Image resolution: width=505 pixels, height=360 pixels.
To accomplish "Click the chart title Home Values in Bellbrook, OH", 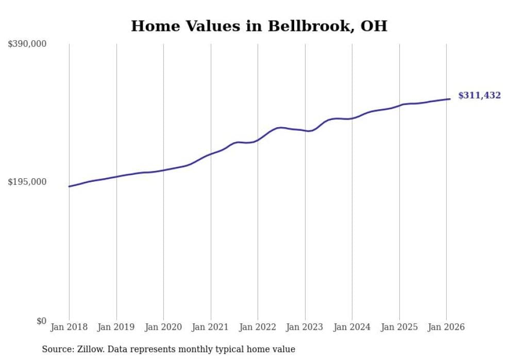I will [x=259, y=26].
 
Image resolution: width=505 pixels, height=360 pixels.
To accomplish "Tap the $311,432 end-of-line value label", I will [x=479, y=95].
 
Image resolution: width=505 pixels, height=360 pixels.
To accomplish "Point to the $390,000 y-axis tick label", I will [x=27, y=44].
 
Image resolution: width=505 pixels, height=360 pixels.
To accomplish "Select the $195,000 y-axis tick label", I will [x=27, y=182].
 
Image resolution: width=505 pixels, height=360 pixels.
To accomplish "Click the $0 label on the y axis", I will [x=41, y=321].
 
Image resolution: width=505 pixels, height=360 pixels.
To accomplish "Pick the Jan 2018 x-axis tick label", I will [x=69, y=327].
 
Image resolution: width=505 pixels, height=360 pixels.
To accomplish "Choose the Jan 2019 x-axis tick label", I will [x=116, y=327].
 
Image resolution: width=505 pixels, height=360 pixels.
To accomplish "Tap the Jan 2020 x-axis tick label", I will [x=163, y=327].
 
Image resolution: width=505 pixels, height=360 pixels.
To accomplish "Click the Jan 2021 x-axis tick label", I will [x=211, y=327].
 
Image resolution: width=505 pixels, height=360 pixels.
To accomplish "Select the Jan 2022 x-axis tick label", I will [x=258, y=327].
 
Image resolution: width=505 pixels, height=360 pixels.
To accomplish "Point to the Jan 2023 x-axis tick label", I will [x=305, y=327].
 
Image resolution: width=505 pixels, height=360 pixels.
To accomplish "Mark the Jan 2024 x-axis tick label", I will [x=352, y=327].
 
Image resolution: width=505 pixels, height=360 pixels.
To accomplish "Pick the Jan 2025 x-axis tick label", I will [x=399, y=327].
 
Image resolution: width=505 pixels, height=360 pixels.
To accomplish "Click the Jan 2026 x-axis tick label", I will [x=446, y=327].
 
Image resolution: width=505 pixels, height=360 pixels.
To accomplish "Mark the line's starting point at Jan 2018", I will [x=70, y=186].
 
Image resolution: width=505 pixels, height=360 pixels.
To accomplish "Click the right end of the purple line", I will [x=450, y=99].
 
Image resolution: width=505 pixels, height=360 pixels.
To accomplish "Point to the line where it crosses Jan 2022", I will [x=258, y=140].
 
